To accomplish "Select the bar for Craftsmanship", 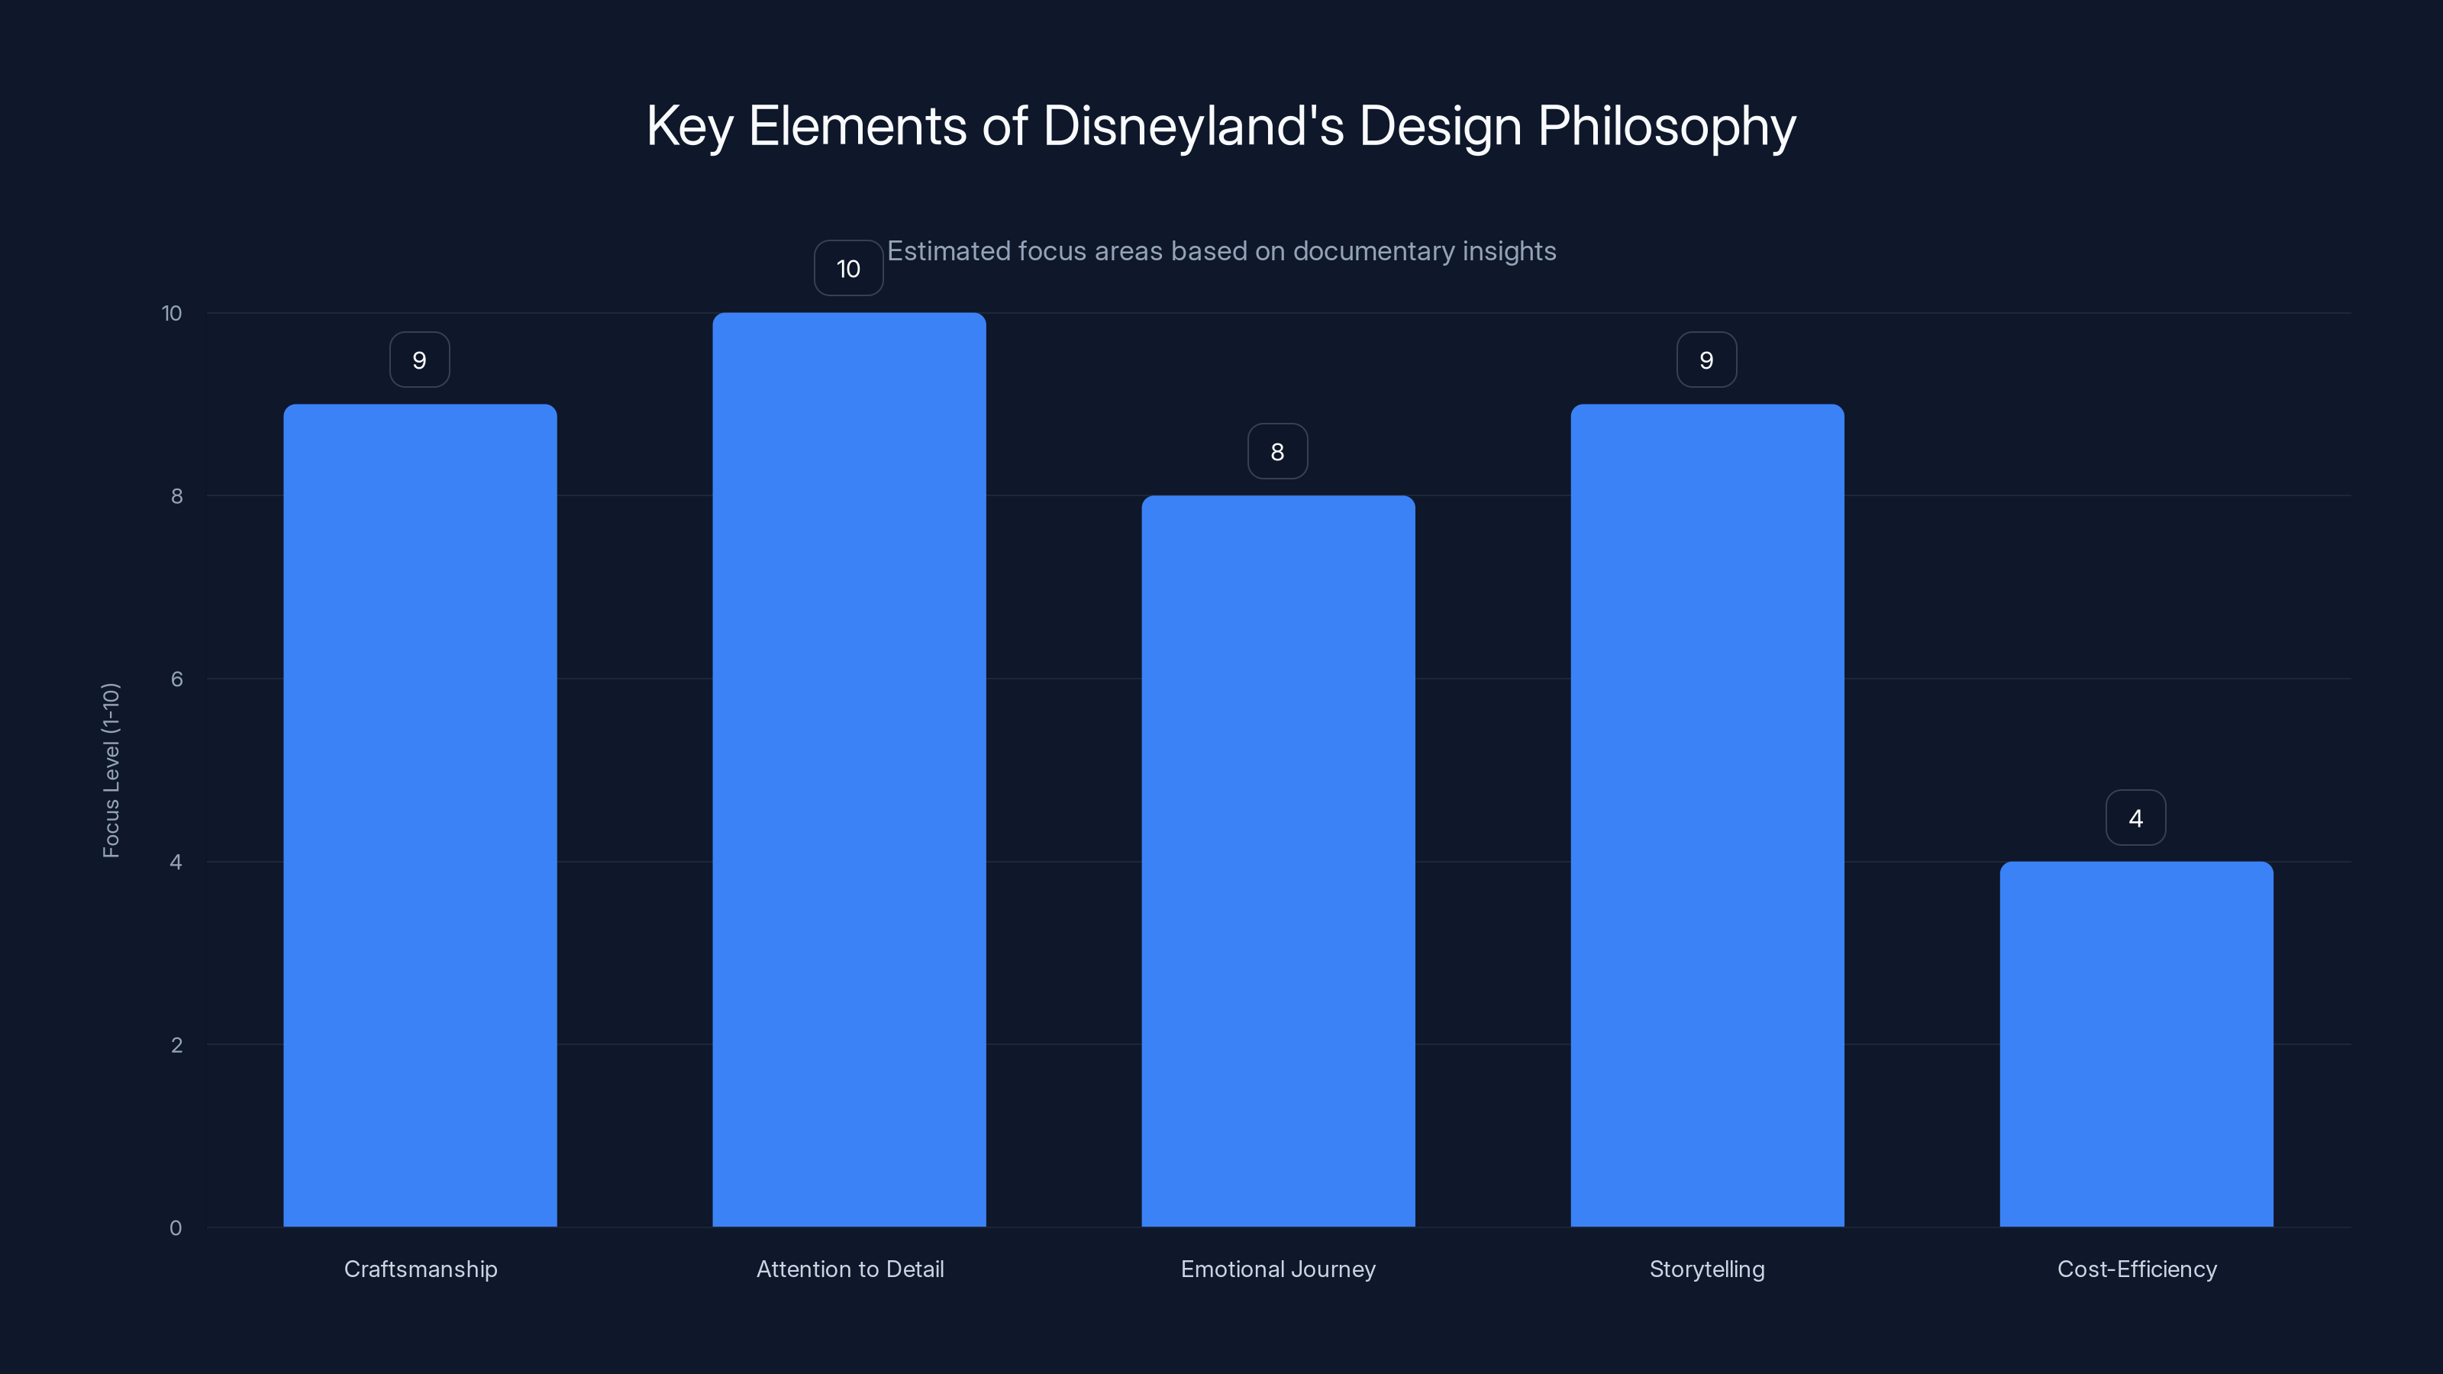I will click(420, 815).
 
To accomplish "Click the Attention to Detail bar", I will click(849, 770).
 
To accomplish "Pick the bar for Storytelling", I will click(1707, 815).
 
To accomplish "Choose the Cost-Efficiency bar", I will click(2136, 1044).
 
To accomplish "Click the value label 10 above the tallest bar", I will click(848, 269).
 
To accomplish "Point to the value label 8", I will click(1277, 451).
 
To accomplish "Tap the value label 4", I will click(2136, 818).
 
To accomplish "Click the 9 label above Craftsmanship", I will click(419, 360).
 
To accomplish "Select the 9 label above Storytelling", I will click(1706, 360).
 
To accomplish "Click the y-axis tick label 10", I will click(172, 313).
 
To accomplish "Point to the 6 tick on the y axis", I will click(176, 679).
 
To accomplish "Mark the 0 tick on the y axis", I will click(176, 1228).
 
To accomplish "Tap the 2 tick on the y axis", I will click(176, 1045).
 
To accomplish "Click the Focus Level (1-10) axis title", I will click(111, 770).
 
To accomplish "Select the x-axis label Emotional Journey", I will click(1277, 1269).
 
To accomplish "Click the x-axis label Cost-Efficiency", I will click(2137, 1269).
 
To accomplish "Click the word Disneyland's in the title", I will click(1193, 126).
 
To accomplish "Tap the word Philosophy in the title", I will click(1667, 126).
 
